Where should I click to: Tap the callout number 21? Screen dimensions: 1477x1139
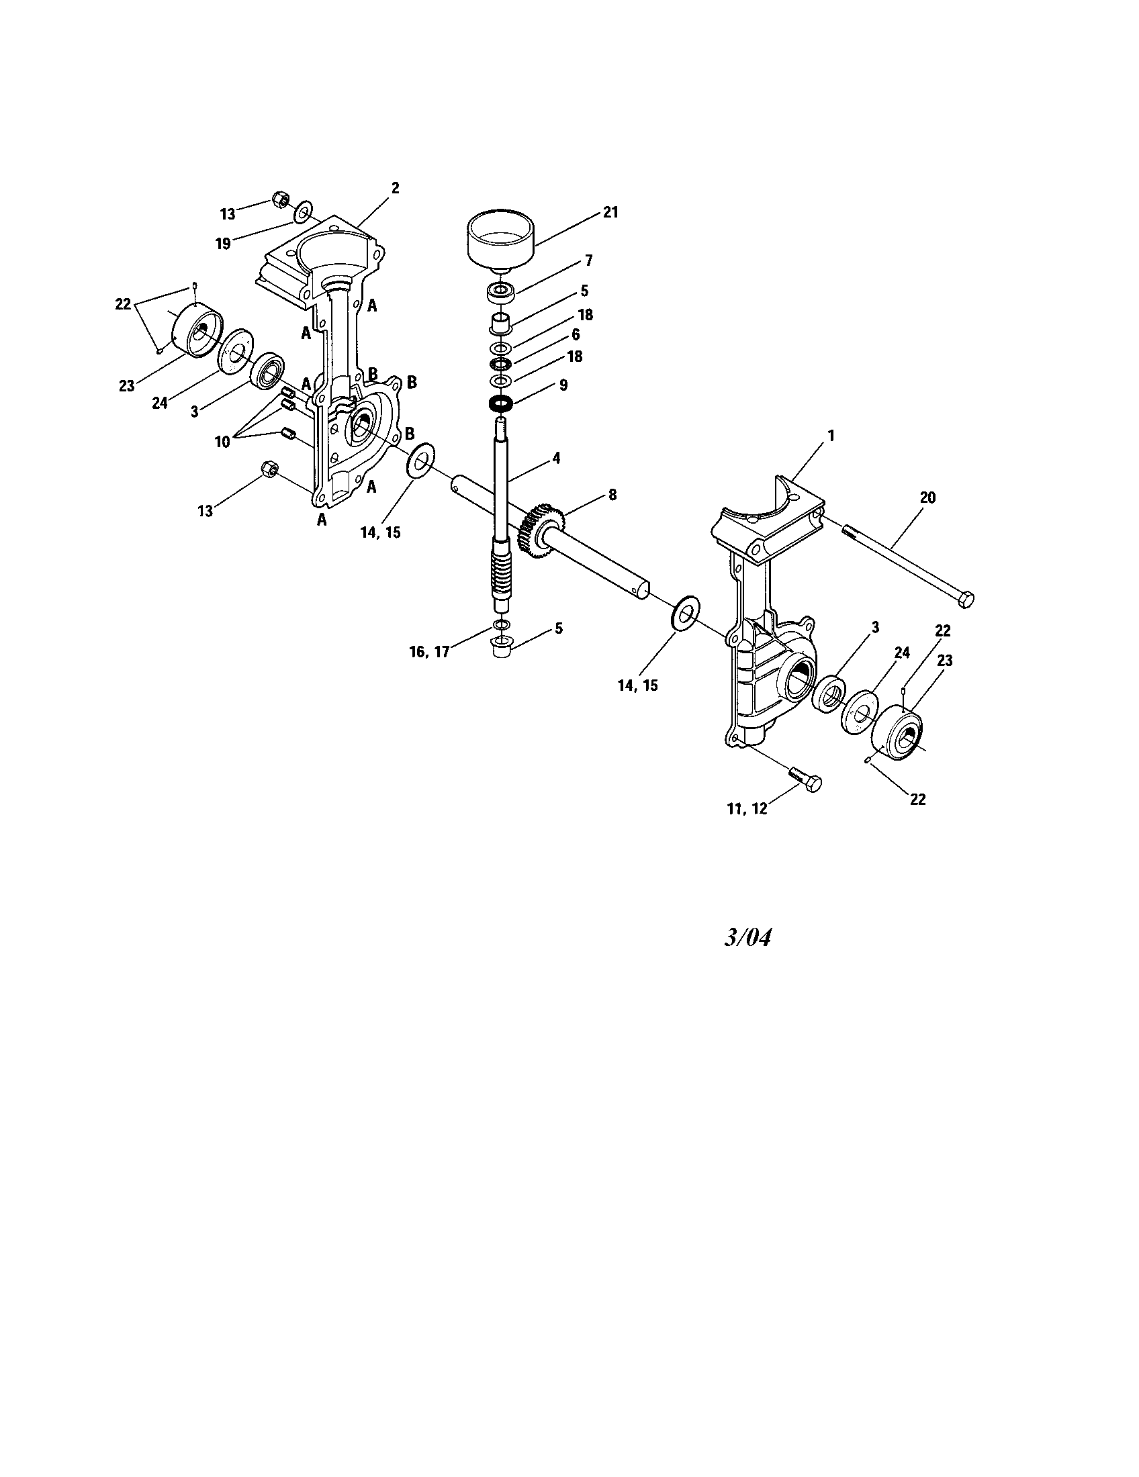[x=610, y=212]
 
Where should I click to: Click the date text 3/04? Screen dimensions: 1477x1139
[x=747, y=937]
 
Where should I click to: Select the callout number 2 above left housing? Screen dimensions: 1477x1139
[x=396, y=188]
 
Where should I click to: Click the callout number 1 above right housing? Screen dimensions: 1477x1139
[x=831, y=436]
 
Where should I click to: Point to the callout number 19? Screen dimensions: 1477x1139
[x=224, y=244]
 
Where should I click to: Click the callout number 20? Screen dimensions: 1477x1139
[x=927, y=497]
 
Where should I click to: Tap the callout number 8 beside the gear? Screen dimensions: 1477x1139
[x=612, y=495]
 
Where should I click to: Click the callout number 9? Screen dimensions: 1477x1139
[x=563, y=385]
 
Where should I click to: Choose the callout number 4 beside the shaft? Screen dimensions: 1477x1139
[x=556, y=458]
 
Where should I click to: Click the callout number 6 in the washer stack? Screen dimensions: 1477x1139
[x=576, y=334]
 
